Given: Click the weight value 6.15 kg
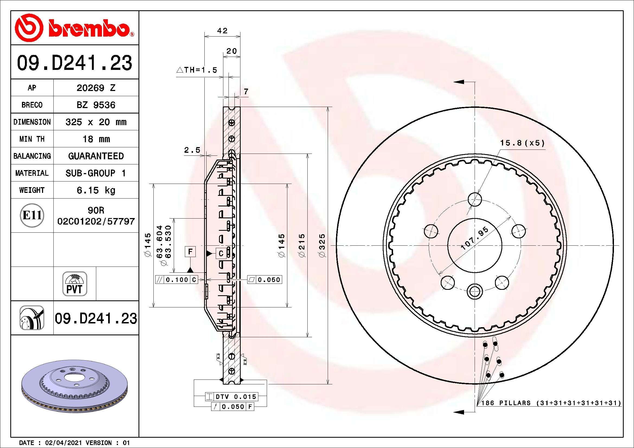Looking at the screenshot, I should click(96, 190).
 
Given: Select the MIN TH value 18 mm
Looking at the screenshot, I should click(96, 139).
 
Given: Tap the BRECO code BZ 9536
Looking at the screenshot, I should click(96, 105).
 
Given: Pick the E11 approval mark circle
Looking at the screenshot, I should click(32, 215).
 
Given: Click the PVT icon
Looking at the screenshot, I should click(75, 284).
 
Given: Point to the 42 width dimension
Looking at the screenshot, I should click(222, 31).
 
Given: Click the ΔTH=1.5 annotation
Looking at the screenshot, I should click(197, 70).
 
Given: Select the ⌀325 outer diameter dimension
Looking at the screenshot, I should click(322, 245).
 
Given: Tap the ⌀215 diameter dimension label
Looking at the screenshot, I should click(302, 245).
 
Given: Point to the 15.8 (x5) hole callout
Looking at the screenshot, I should click(522, 143).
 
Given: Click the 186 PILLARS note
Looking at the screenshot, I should click(551, 403).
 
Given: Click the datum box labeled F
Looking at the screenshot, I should click(190, 252).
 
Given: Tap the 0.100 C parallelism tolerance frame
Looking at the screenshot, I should click(177, 280).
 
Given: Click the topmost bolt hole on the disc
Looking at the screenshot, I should click(475, 199).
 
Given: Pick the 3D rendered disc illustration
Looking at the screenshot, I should click(75, 386).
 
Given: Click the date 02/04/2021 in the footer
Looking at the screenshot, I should click(63, 443).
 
